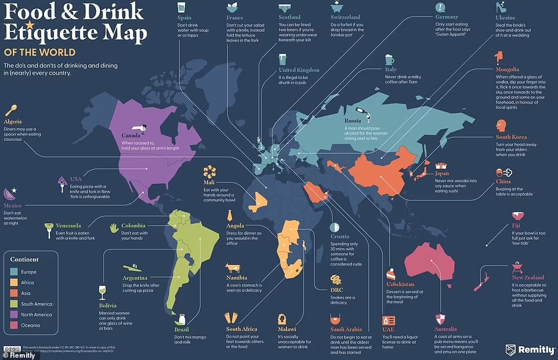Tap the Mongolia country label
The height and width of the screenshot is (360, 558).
[508, 70]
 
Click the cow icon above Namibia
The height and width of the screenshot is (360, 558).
[234, 268]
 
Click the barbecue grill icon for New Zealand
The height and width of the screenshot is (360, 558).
[517, 267]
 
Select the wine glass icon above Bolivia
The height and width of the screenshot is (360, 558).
[103, 292]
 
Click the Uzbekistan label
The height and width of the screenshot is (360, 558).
[400, 284]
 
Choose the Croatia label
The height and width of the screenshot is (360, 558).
[340, 237]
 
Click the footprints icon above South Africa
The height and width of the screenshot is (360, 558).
[232, 318]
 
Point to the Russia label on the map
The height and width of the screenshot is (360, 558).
[353, 121]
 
